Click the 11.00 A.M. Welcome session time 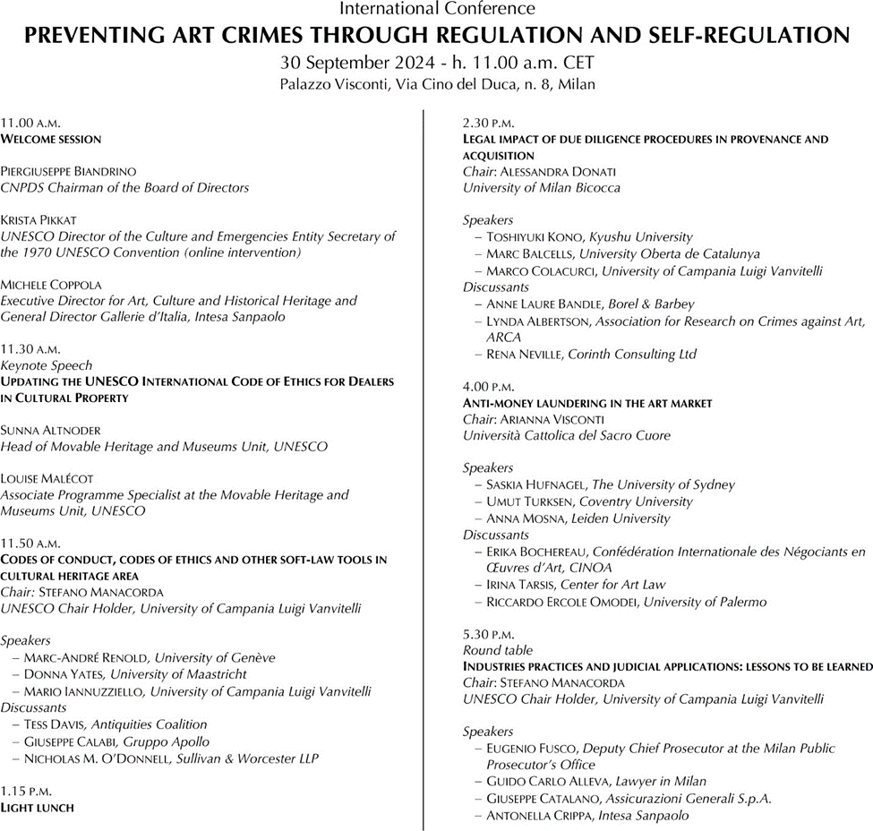point(30,122)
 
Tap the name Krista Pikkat point(39,219)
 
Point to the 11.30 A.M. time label point(30,349)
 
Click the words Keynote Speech point(46,365)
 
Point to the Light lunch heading point(37,807)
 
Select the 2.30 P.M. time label point(488,122)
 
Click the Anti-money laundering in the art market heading point(586,403)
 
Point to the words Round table point(497,650)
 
